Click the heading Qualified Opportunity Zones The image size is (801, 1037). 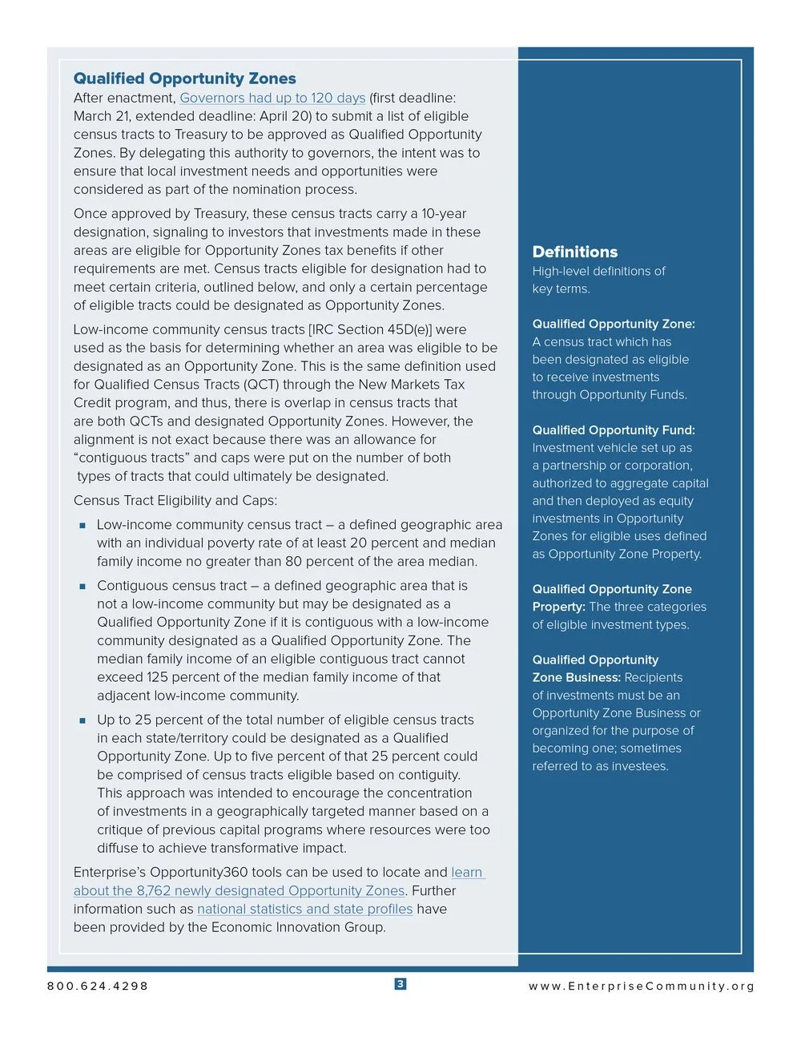tap(184, 79)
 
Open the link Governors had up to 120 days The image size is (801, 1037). tap(272, 98)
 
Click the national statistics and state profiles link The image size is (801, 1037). tap(304, 909)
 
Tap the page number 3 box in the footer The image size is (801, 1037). tap(400, 984)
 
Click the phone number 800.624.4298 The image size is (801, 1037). tap(98, 986)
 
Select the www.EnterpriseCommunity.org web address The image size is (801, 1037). tap(641, 986)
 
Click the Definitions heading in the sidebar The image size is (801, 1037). tap(574, 252)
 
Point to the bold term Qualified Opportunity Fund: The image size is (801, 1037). tap(614, 430)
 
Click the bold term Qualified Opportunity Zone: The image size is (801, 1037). tap(614, 324)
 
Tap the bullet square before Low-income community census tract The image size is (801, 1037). tap(82, 526)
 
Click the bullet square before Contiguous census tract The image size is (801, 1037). tap(82, 587)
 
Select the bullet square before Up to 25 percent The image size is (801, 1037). tap(82, 720)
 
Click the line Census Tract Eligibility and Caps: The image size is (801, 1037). tap(175, 501)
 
